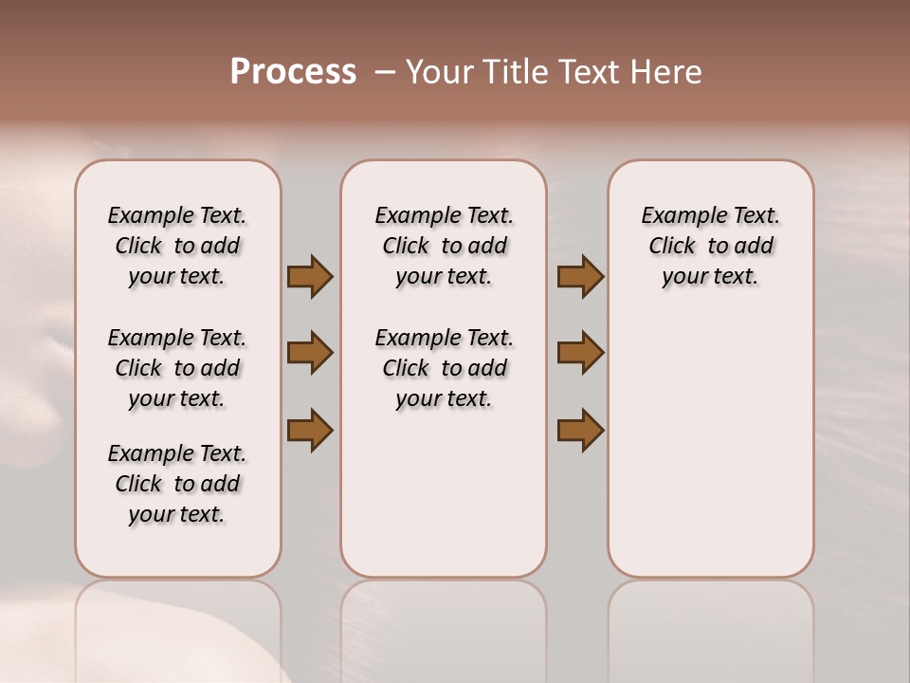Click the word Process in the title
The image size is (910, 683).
(x=293, y=72)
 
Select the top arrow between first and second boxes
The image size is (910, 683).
(x=310, y=276)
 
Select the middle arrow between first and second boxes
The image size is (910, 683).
(x=310, y=353)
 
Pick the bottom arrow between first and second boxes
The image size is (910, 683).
(x=310, y=430)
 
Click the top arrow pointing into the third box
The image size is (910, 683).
(x=580, y=276)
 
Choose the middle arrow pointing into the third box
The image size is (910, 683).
(x=580, y=353)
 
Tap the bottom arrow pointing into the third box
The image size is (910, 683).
(x=580, y=430)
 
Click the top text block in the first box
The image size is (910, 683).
(x=177, y=246)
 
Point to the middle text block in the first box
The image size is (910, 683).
(x=177, y=368)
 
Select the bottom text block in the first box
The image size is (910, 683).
(x=177, y=484)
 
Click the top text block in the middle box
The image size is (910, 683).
(x=444, y=246)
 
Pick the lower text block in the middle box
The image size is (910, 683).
(x=444, y=368)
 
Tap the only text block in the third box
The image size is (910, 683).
(x=710, y=246)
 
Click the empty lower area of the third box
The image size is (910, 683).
(x=710, y=446)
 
